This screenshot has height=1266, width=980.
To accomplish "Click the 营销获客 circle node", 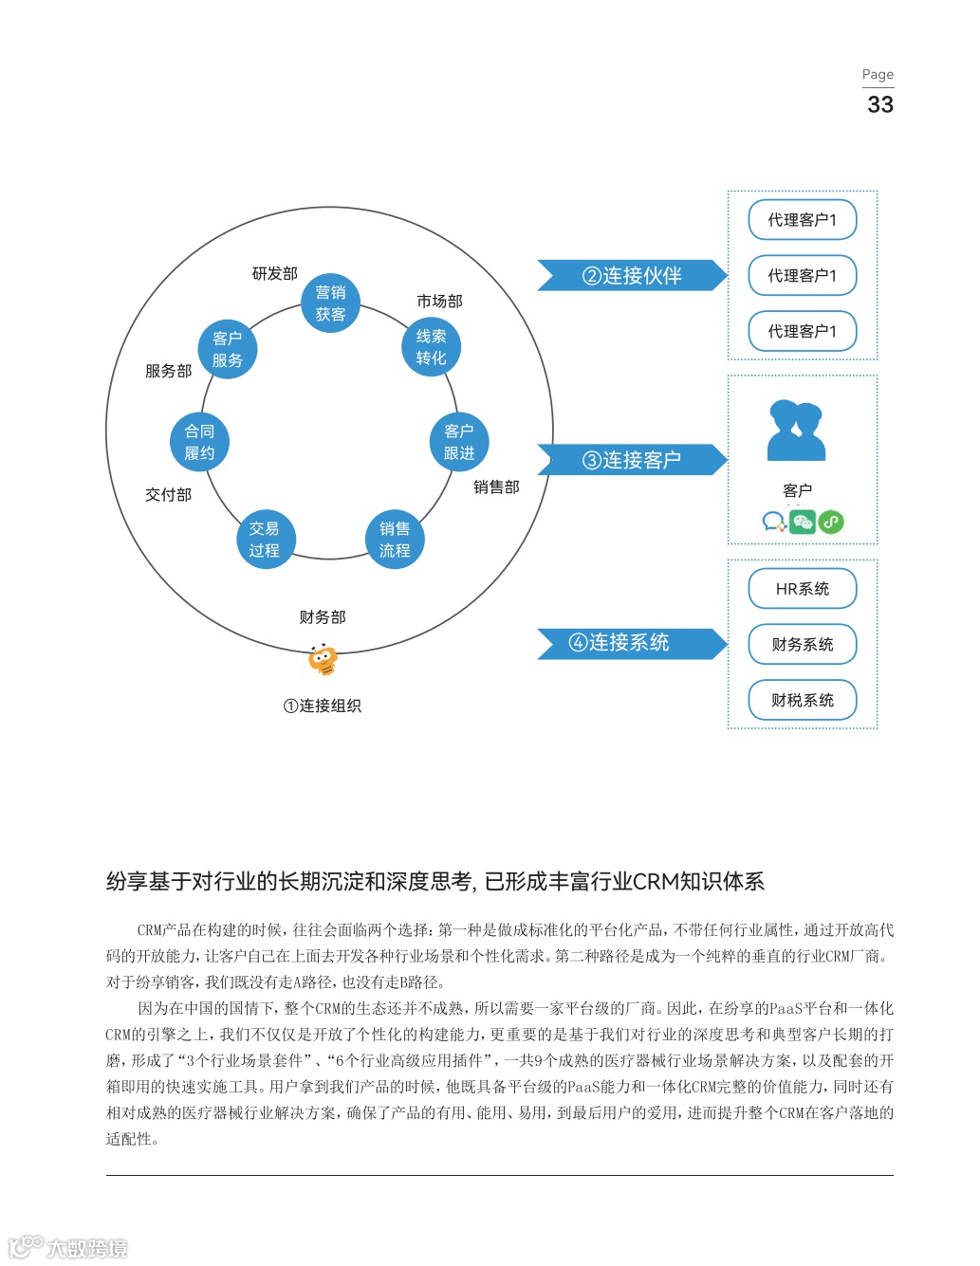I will pos(330,303).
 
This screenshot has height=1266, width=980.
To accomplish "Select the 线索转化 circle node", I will pos(431,347).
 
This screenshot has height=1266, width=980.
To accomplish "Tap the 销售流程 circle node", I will pos(395,540).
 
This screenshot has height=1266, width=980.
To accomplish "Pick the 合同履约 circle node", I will pos(199,442).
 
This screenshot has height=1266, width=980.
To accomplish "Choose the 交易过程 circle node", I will pos(265,540).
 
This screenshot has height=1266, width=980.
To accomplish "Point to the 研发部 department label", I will pos(274,274).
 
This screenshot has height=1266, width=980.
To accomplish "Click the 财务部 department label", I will pos(323,617).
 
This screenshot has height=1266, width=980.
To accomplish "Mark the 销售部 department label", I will pos(496,487).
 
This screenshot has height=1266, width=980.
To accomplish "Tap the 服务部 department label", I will pos(168,371).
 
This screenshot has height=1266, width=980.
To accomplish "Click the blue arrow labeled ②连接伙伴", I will pos(631,276).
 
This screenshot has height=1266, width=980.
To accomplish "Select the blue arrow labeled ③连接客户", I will pos(631,460).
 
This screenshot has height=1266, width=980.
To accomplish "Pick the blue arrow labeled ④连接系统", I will pos(631,643).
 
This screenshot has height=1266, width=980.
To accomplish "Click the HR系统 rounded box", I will pos(802,589).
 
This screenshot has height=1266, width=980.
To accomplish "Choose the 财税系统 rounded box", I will pos(802,700).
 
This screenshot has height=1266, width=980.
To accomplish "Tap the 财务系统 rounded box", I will pos(802,645).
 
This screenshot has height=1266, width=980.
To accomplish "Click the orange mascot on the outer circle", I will pos(323,659).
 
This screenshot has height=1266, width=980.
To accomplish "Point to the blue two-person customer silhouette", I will pos(796,431).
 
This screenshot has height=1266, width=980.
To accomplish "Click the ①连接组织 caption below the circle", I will pos(323,706).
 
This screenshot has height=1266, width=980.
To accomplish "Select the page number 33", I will pos(879,104).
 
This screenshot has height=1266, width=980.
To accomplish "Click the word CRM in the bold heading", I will pos(655,882).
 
